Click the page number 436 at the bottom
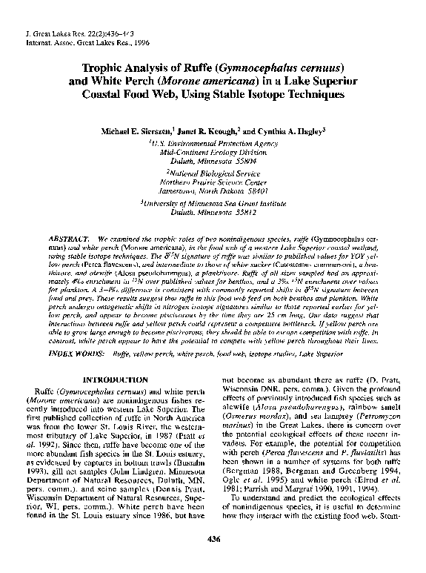click(213, 559)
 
